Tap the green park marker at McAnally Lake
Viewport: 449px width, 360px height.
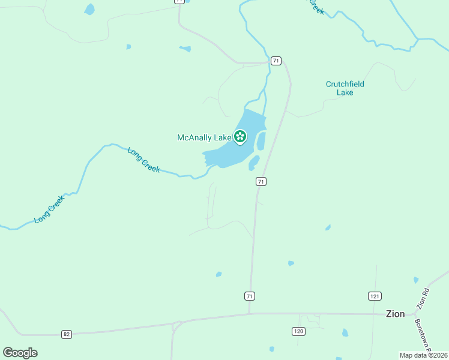(x=240, y=136)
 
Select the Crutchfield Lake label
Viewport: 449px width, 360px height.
(x=345, y=88)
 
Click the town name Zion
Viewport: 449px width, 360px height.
(x=395, y=314)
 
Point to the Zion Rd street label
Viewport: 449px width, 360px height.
(x=424, y=299)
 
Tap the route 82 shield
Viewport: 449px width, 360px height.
(x=66, y=334)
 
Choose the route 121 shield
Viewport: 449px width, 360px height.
(x=375, y=296)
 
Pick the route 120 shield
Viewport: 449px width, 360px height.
(x=298, y=331)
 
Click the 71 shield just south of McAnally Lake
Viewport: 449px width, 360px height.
(x=261, y=181)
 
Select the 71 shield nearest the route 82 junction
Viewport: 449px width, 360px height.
(x=250, y=296)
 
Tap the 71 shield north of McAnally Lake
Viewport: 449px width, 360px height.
(x=276, y=61)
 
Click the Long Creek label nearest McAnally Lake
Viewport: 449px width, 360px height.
(x=144, y=160)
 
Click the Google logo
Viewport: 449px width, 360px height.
(x=20, y=352)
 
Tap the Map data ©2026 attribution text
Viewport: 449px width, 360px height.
(x=423, y=355)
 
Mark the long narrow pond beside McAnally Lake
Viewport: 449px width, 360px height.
(x=261, y=141)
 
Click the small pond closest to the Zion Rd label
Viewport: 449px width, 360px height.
(x=416, y=280)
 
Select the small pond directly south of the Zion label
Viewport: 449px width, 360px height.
(x=345, y=332)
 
